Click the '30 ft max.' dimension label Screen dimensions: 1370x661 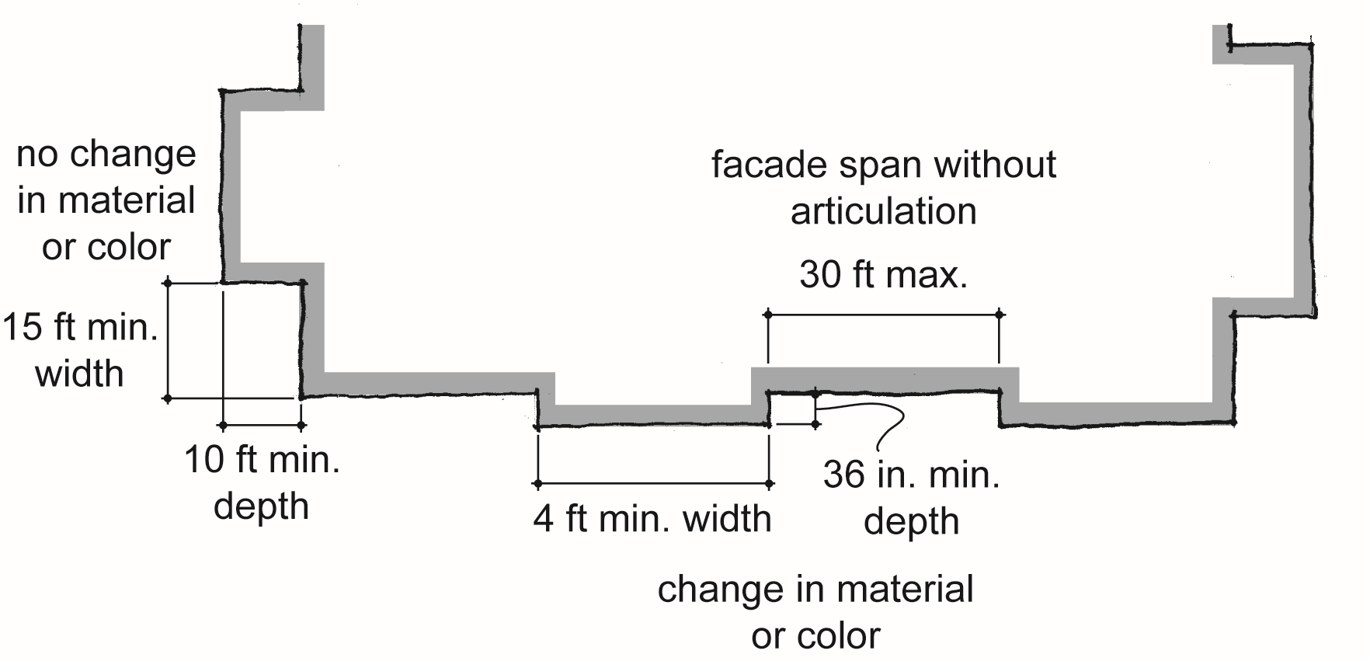pos(884,275)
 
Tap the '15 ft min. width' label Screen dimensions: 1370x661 pos(80,350)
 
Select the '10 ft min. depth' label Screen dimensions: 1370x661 pos(262,483)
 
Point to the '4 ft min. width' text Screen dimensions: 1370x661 pos(652,519)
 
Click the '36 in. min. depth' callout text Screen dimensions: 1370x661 pos(911,497)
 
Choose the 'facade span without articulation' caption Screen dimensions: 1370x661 pos(884,188)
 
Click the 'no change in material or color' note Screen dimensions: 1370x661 pos(106,200)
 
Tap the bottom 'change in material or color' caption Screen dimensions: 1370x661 pos(815,613)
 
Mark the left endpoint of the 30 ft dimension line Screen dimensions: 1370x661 pos(768,315)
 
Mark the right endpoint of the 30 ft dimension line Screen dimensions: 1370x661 pos(1000,315)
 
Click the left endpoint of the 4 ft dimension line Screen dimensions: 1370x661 pos(537,484)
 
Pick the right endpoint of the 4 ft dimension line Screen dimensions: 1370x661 pos(769,484)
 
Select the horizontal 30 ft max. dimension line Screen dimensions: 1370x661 pos(884,315)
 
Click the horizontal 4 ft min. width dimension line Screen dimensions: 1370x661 pos(653,484)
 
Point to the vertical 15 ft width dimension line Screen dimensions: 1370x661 pos(168,341)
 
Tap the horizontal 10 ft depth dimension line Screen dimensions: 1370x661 pos(263,425)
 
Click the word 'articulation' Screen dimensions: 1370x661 pos(884,211)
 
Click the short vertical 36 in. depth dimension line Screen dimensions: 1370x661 pos(815,409)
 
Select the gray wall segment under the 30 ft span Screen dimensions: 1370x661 pos(885,378)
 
